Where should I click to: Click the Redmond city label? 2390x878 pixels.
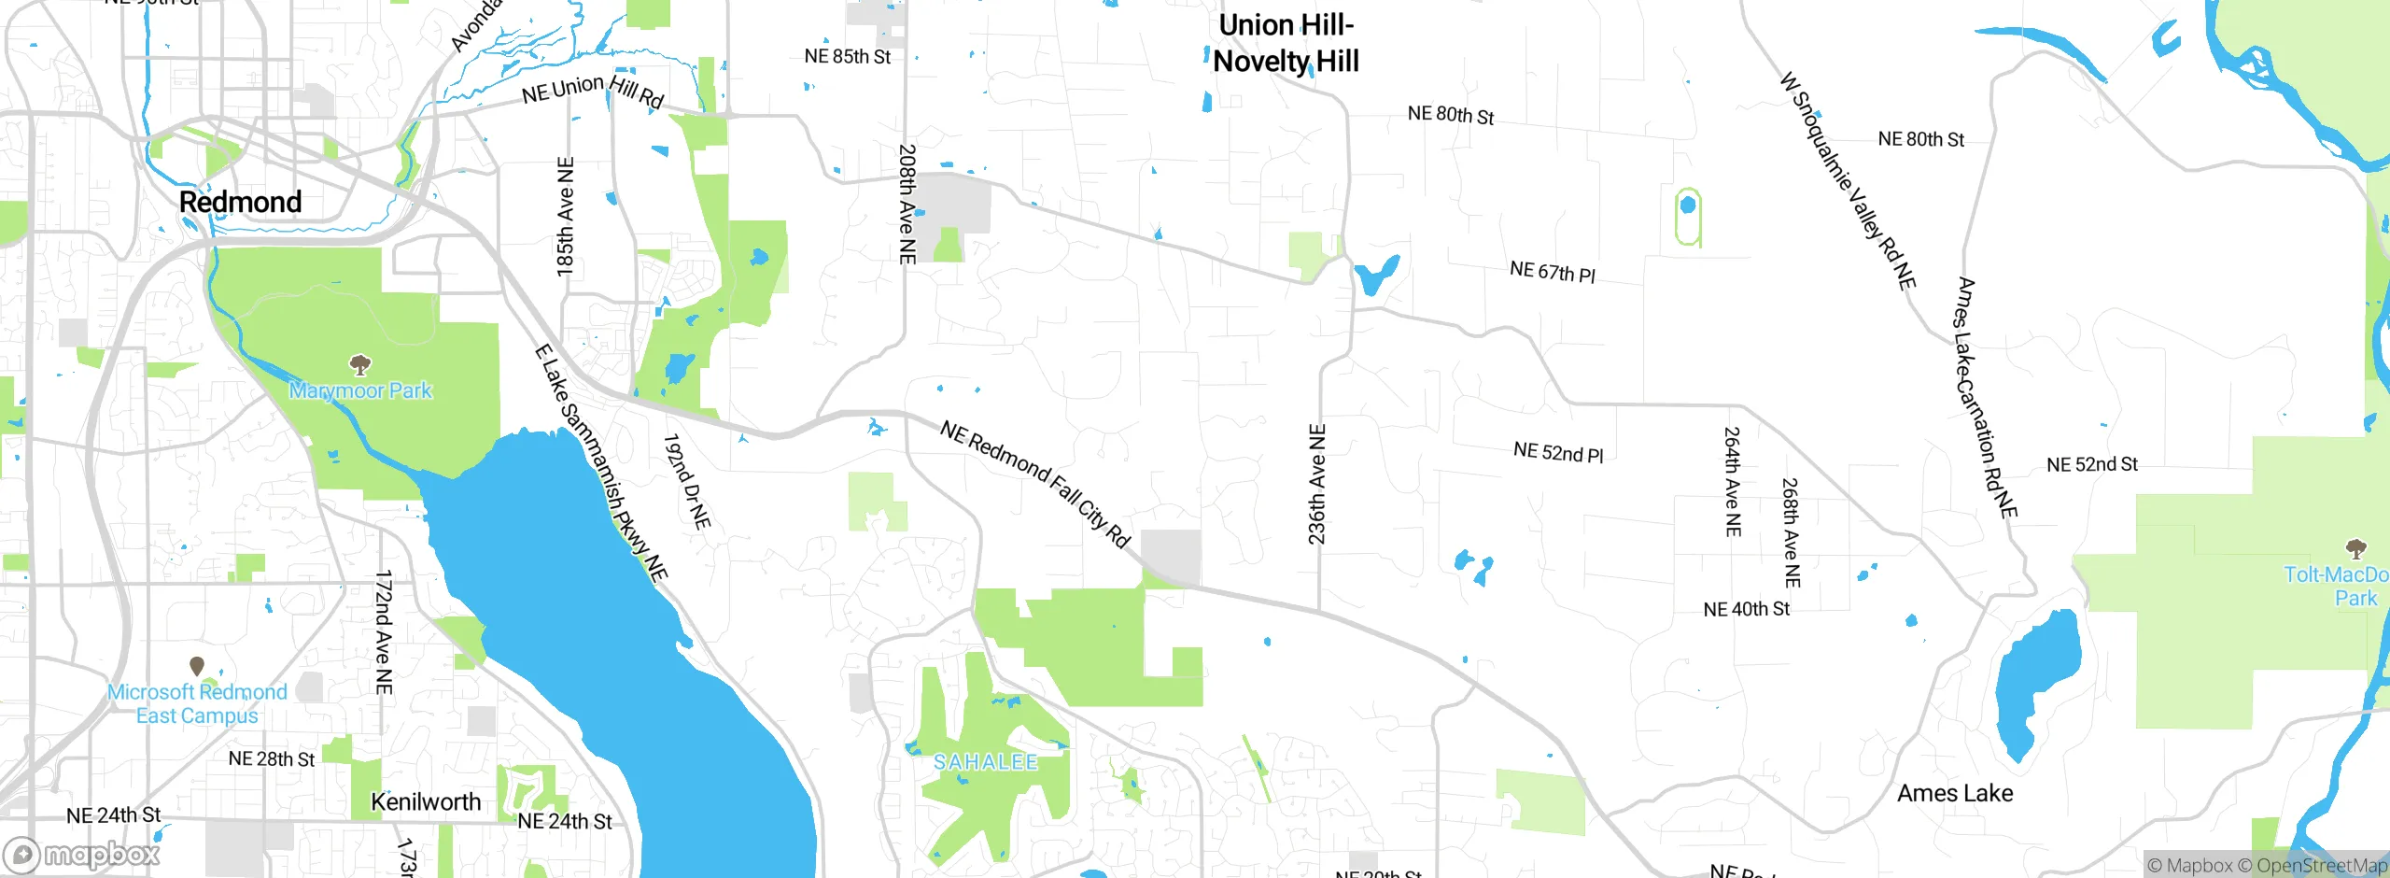pyautogui.click(x=240, y=202)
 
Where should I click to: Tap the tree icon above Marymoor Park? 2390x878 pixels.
pyautogui.click(x=360, y=363)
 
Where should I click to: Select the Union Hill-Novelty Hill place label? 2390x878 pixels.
pyautogui.click(x=1286, y=44)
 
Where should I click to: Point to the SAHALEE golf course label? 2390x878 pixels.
pyautogui.click(x=986, y=762)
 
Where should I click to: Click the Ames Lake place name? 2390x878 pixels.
pyautogui.click(x=1955, y=793)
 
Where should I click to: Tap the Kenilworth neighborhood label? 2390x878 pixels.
pyautogui.click(x=426, y=801)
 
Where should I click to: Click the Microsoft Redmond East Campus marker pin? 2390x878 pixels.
pyautogui.click(x=197, y=666)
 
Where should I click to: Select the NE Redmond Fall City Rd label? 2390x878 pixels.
pyautogui.click(x=1035, y=483)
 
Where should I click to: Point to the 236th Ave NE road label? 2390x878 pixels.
pyautogui.click(x=1316, y=484)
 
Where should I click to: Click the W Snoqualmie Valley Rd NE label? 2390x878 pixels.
pyautogui.click(x=1849, y=181)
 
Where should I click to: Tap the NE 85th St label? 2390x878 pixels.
pyautogui.click(x=847, y=57)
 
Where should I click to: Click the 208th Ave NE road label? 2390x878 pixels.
pyautogui.click(x=907, y=204)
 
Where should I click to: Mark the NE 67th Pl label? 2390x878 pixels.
pyautogui.click(x=1553, y=272)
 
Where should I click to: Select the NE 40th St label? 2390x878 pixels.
pyautogui.click(x=1746, y=609)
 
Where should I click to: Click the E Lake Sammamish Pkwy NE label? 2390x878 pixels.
pyautogui.click(x=601, y=463)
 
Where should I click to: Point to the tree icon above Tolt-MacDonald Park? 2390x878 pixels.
pyautogui.click(x=2355, y=547)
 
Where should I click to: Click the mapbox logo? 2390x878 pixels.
pyautogui.click(x=82, y=854)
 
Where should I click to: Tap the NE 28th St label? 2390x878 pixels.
pyautogui.click(x=272, y=758)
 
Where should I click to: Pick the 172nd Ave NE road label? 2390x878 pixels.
pyautogui.click(x=384, y=632)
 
